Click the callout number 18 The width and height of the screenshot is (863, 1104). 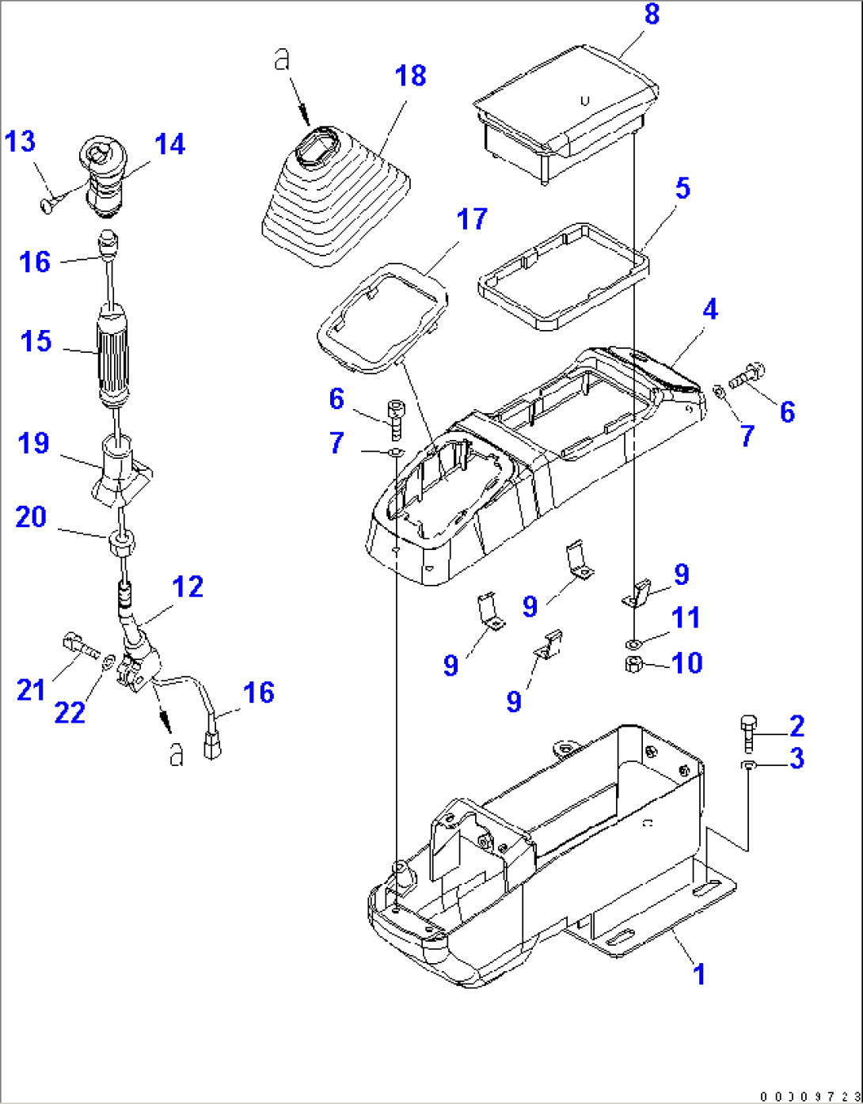pyautogui.click(x=410, y=76)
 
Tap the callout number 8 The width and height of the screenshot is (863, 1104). pyautogui.click(x=652, y=13)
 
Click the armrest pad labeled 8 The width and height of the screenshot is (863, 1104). pyautogui.click(x=566, y=111)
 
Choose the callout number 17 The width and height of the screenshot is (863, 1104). pyautogui.click(x=472, y=219)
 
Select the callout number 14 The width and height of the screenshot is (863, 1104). pyautogui.click(x=169, y=144)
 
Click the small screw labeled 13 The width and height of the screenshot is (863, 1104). pyautogui.click(x=47, y=203)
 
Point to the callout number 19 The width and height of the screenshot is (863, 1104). pyautogui.click(x=33, y=443)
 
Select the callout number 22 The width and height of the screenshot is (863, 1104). pyautogui.click(x=70, y=712)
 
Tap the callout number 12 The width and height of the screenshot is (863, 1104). pyautogui.click(x=188, y=586)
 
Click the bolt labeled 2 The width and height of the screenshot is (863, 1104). pyautogui.click(x=749, y=732)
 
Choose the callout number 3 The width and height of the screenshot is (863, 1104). pyautogui.click(x=796, y=758)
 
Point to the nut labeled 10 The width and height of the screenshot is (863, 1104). pyautogui.click(x=633, y=664)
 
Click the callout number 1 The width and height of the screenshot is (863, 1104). pyautogui.click(x=698, y=974)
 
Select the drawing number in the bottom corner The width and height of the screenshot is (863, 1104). pyautogui.click(x=808, y=1095)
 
